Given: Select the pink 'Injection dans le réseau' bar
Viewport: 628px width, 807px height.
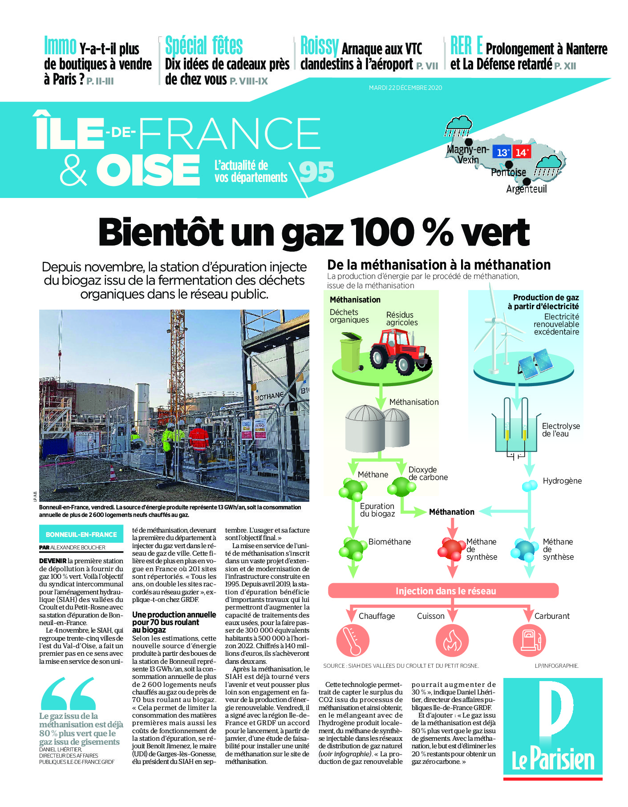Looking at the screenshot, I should (x=443, y=591).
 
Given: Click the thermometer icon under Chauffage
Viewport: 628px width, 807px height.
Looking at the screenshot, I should (x=353, y=640).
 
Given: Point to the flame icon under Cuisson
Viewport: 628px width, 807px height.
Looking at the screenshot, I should (x=451, y=640).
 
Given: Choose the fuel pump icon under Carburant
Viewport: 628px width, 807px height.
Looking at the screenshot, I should (x=529, y=640).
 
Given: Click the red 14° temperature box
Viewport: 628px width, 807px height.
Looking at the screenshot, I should (x=521, y=152).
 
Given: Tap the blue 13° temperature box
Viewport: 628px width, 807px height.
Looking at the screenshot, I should (x=502, y=152).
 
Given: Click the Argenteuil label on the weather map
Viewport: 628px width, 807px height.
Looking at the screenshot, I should (x=527, y=189).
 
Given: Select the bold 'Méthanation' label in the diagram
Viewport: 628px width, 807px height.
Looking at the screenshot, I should (x=451, y=512).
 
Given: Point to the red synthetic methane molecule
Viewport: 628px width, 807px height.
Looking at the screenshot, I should (x=452, y=549).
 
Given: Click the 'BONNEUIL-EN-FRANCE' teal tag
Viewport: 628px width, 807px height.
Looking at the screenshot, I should (x=81, y=534).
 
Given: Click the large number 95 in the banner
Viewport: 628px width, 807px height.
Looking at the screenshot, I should (x=316, y=172).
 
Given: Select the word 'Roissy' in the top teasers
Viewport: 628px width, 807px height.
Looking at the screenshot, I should (x=320, y=46).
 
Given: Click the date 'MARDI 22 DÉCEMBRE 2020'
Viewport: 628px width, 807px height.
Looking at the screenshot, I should (x=405, y=88).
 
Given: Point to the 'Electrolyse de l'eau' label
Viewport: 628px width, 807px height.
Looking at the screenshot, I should (x=560, y=430).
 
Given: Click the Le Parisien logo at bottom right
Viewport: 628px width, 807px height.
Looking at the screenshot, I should (x=553, y=728).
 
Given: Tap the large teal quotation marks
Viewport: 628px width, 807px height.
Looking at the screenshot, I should (x=68, y=694).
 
